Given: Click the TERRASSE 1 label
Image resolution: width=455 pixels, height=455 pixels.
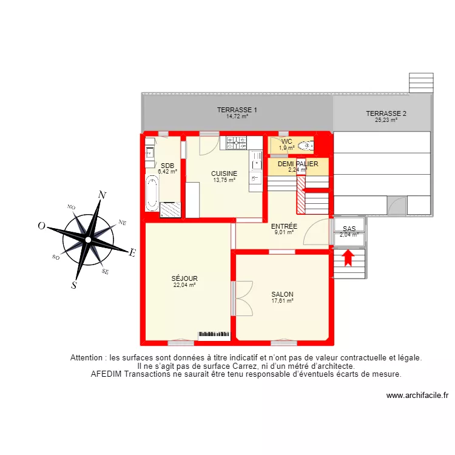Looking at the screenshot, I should click(237, 110).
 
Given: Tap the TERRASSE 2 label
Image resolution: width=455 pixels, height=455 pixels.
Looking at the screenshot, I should click(386, 113).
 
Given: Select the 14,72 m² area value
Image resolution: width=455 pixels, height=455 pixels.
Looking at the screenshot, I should click(237, 116).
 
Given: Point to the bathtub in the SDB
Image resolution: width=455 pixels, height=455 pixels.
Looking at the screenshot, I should click(152, 192).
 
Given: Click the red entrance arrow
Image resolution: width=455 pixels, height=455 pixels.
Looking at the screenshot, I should click(348, 258).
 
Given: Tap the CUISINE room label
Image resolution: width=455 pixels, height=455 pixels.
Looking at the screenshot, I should click(224, 174).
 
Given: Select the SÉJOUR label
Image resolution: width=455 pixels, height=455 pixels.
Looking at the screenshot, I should click(184, 278).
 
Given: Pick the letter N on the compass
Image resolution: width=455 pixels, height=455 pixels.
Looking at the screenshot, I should click(103, 195).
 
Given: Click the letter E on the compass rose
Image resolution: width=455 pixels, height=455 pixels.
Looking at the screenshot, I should click(133, 253).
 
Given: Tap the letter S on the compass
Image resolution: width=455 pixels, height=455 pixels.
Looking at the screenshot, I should click(74, 286).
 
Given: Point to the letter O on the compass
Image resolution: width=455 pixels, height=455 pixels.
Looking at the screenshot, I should click(42, 226).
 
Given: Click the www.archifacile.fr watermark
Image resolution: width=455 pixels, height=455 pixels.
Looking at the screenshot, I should click(417, 396).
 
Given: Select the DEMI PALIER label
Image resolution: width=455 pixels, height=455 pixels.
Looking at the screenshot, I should click(298, 164).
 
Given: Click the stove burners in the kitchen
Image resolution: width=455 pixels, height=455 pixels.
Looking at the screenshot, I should click(236, 143).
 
